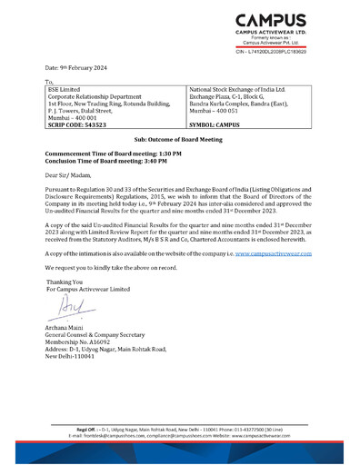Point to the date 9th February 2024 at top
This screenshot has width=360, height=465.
pyautogui.click(x=84, y=69)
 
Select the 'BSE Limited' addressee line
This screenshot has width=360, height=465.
pyautogui.click(x=62, y=90)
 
